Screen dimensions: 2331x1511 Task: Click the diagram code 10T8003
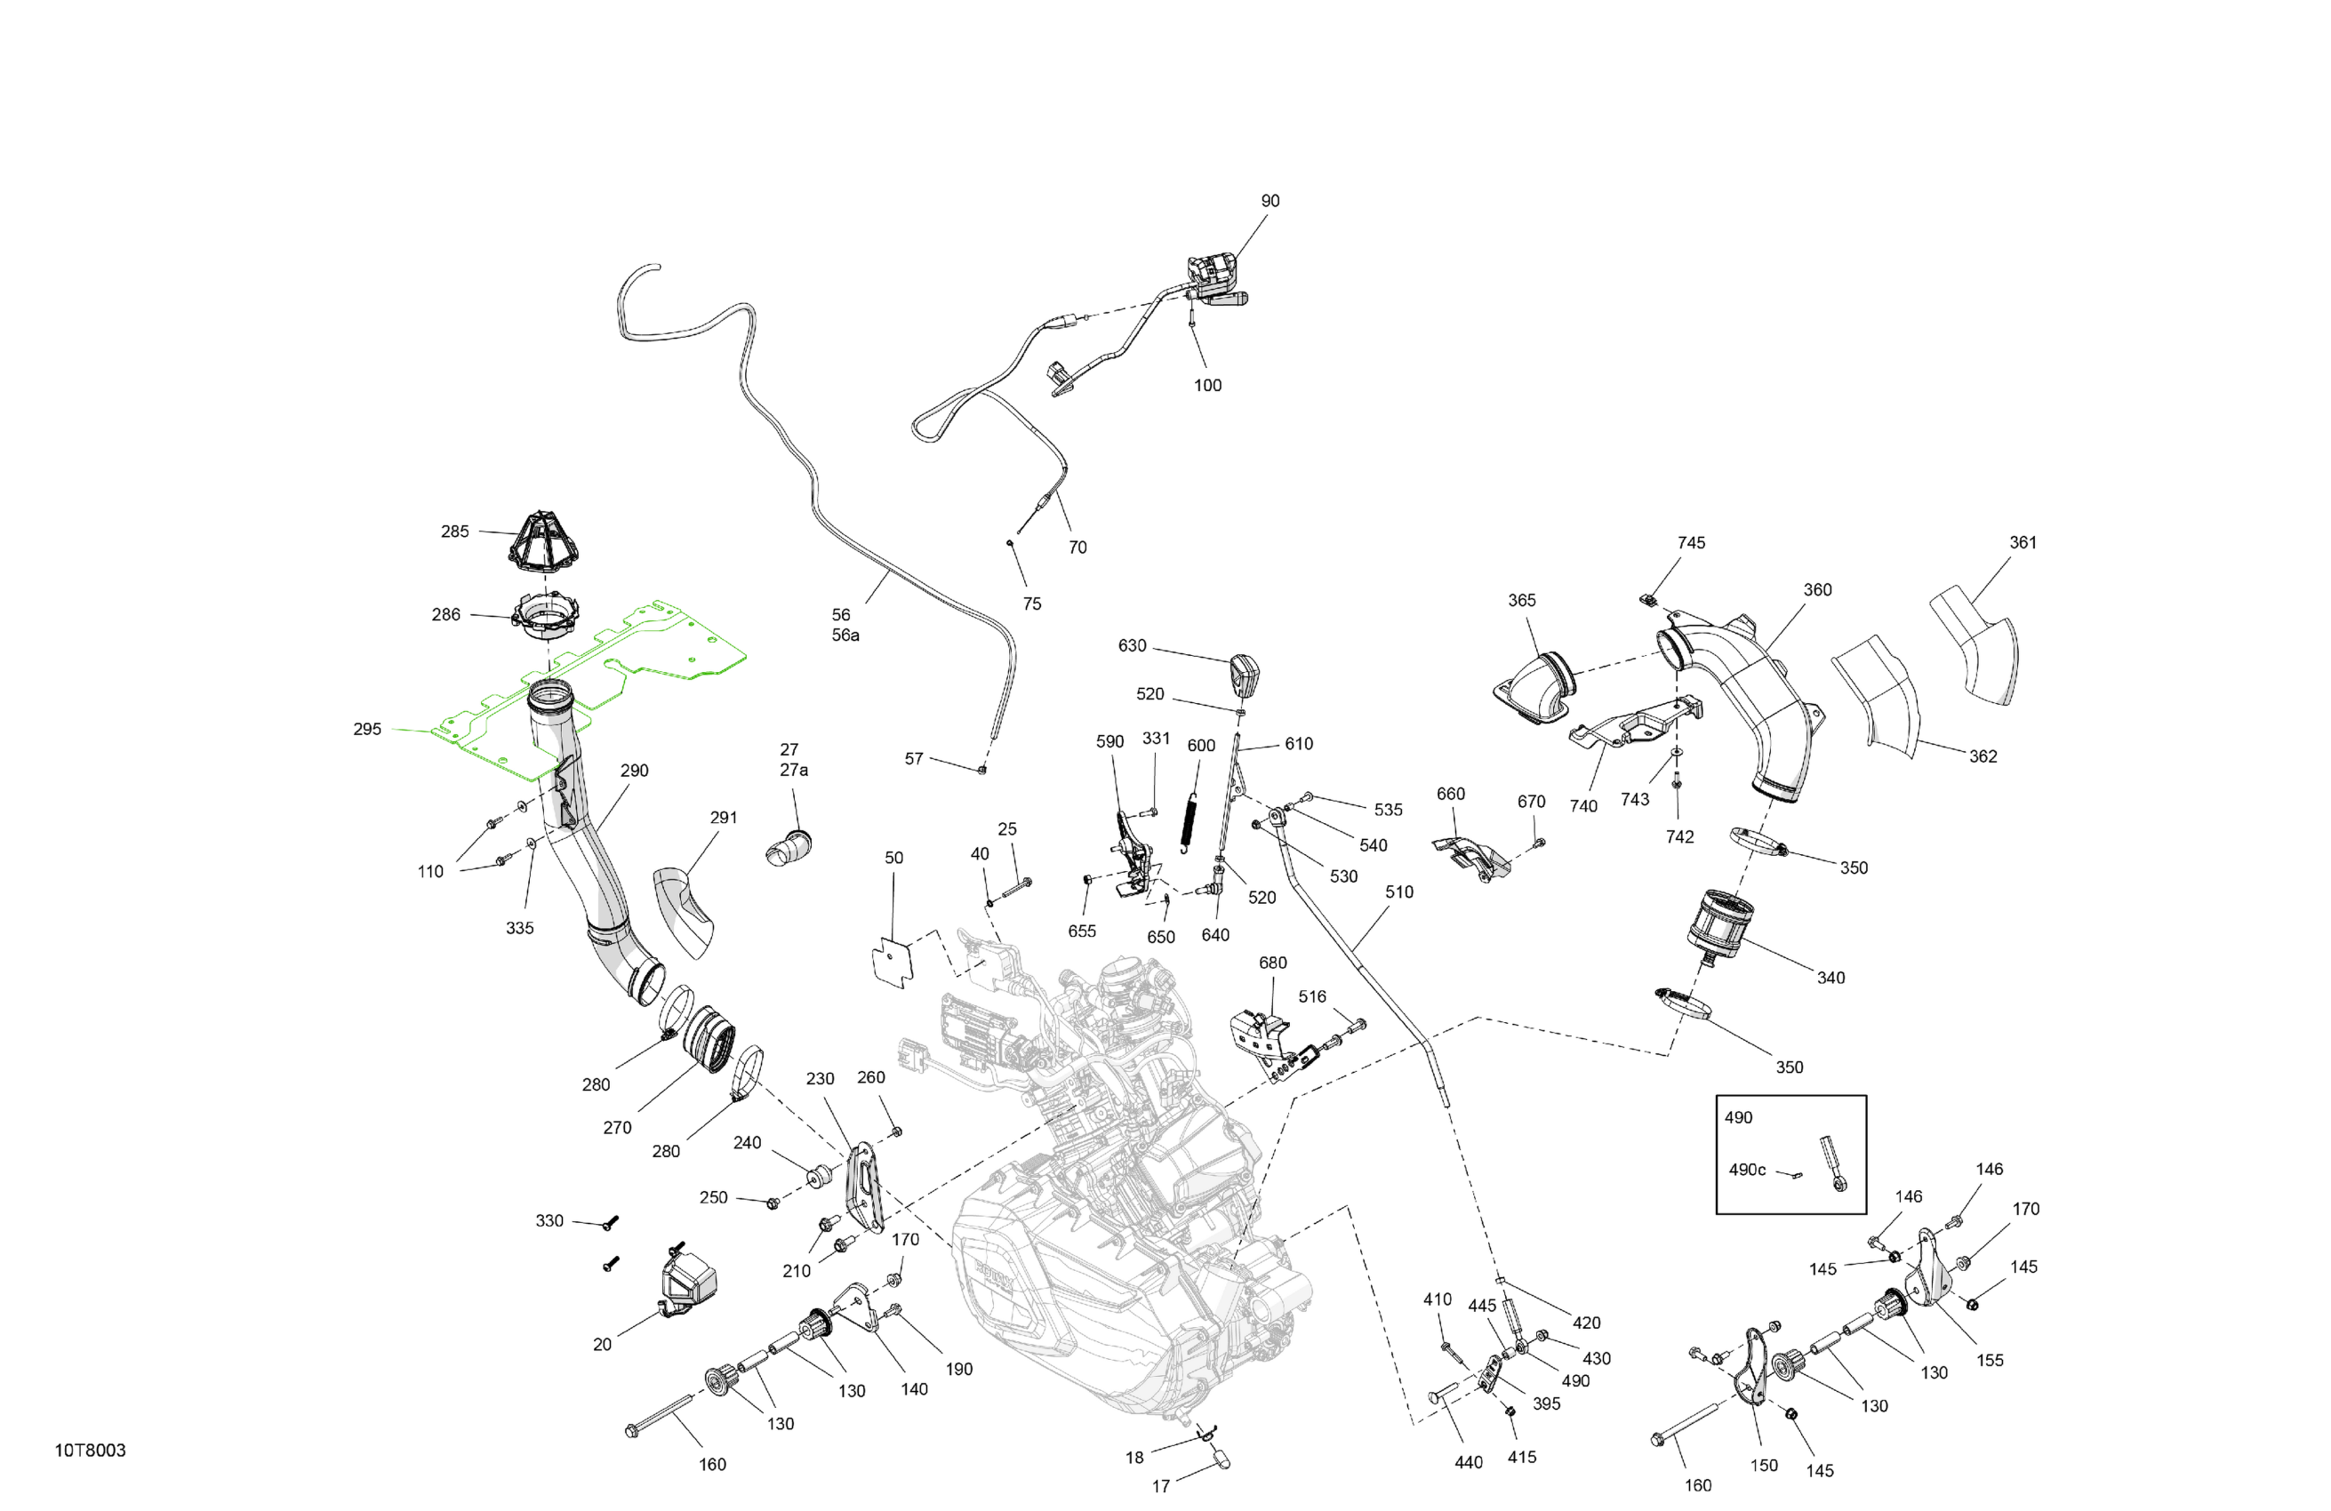90,1451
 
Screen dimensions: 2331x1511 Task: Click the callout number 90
1270,201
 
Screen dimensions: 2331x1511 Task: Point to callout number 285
454,532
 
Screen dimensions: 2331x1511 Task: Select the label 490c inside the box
1747,1171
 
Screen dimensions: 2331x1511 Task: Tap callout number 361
2023,542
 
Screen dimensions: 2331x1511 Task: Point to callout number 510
1398,892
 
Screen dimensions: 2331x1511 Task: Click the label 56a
845,636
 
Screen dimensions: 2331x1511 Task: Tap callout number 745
1691,542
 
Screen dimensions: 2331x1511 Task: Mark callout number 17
1160,1486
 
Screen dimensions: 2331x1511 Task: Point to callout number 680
1272,963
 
